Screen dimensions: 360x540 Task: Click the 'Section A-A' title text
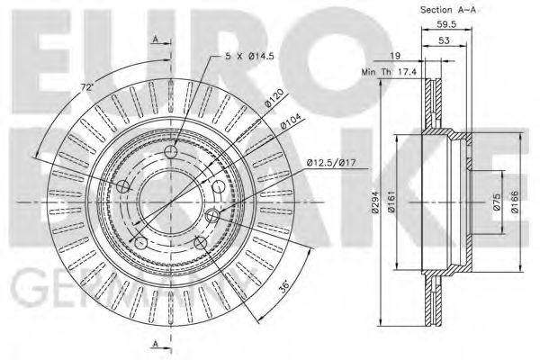pos(446,10)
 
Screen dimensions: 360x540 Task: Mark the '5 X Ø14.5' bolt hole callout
pos(253,57)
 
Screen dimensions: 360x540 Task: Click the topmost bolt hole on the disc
pos(172,154)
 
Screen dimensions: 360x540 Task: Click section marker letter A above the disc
pos(156,40)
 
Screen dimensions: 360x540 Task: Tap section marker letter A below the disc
pos(156,343)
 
